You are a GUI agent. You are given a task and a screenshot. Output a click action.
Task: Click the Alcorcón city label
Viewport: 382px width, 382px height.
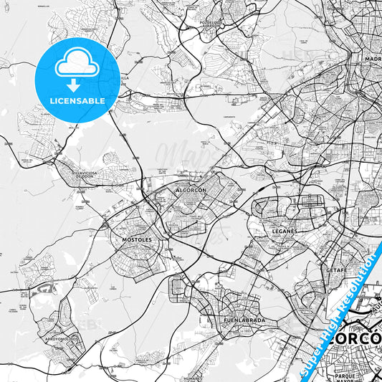point(191,191)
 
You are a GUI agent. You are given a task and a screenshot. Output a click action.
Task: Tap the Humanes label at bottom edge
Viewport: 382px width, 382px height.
point(191,378)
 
